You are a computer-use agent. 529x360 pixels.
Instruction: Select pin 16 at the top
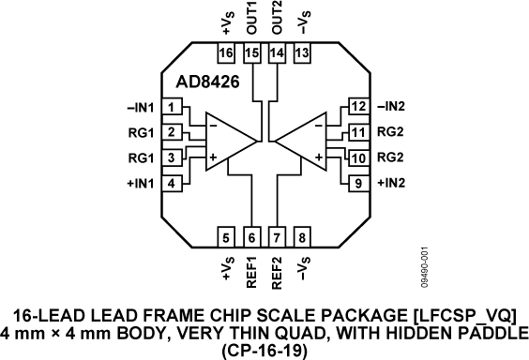click(x=226, y=53)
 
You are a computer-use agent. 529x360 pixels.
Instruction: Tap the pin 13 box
click(x=301, y=53)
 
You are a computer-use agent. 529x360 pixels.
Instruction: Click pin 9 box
click(x=356, y=183)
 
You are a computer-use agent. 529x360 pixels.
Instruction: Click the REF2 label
click(x=277, y=272)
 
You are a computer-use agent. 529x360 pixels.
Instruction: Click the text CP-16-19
click(x=265, y=351)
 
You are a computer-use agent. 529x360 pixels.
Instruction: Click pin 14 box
click(x=276, y=53)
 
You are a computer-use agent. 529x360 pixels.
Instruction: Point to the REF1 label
click(x=251, y=272)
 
